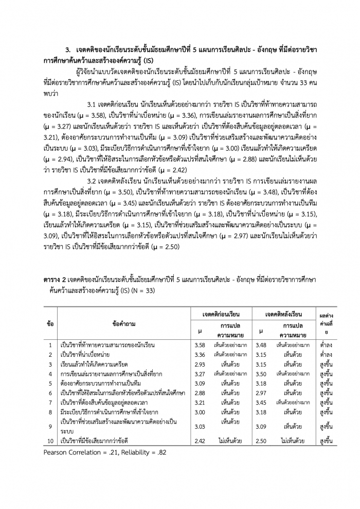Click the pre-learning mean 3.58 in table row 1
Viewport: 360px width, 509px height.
point(201,344)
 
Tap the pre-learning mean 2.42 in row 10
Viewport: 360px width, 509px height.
point(201,441)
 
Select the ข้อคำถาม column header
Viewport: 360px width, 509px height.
point(124,324)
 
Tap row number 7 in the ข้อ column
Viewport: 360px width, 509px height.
point(50,402)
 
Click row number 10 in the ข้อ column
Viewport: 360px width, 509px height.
point(50,441)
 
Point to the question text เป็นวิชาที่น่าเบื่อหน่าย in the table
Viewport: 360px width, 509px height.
point(85,354)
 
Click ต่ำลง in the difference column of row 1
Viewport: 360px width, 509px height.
point(326,344)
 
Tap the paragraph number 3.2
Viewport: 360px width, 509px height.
point(94,181)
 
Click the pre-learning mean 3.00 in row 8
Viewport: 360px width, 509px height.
point(201,412)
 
